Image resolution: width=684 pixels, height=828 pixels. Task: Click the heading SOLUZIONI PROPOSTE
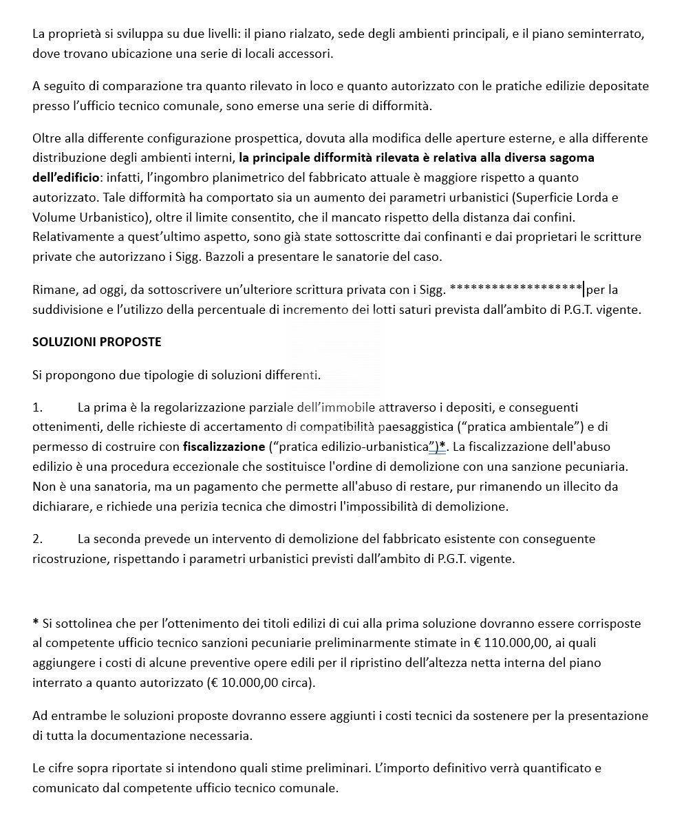pyautogui.click(x=97, y=342)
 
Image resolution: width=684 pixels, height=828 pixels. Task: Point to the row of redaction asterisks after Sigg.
pyautogui.click(x=515, y=289)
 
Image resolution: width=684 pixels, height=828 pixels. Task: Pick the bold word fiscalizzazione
pyautogui.click(x=224, y=447)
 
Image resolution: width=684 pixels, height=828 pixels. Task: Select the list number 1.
pyautogui.click(x=37, y=407)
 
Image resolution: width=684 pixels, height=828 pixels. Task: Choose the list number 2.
pyautogui.click(x=37, y=539)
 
